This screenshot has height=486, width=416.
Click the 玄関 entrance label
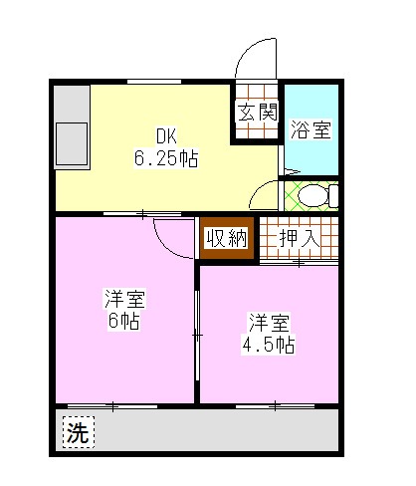256,113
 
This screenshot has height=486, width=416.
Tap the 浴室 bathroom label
311,129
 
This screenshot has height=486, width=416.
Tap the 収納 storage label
228,238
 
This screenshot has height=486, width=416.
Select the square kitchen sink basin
72,140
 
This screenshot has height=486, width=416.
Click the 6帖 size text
124,321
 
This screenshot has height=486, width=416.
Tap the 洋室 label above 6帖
124,298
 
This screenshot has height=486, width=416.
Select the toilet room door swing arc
264,193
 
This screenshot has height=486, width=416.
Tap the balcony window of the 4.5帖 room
272,405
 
